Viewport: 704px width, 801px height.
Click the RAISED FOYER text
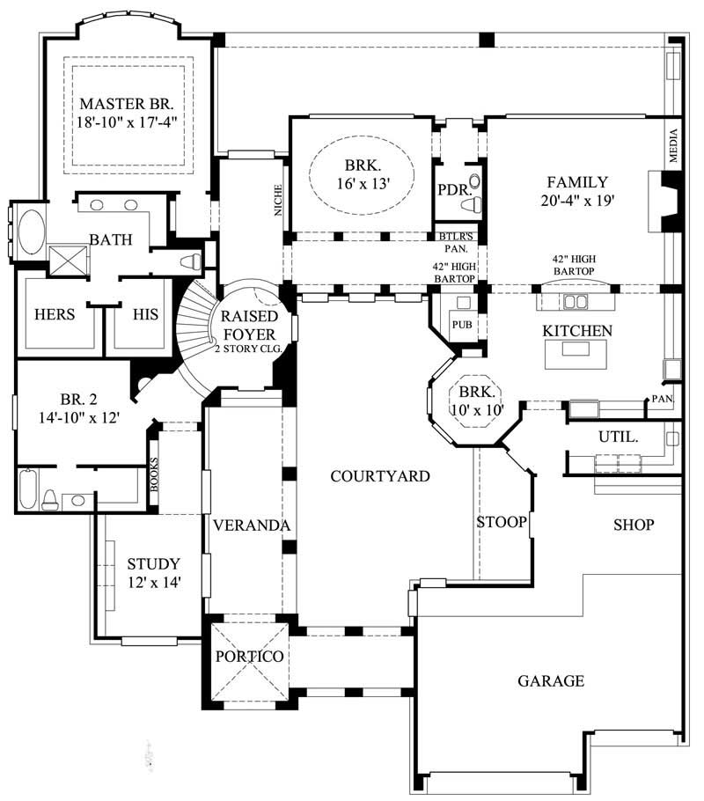tap(250, 325)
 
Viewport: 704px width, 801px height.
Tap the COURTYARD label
tap(379, 476)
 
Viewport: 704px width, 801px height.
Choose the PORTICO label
tap(249, 657)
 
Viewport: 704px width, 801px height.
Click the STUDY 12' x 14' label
tap(153, 572)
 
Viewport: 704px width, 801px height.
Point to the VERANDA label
tap(251, 525)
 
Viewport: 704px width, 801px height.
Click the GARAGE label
tap(550, 680)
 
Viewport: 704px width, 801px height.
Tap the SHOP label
tap(634, 525)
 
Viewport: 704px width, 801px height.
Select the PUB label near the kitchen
tap(462, 326)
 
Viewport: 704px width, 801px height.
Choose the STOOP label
tap(502, 522)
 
